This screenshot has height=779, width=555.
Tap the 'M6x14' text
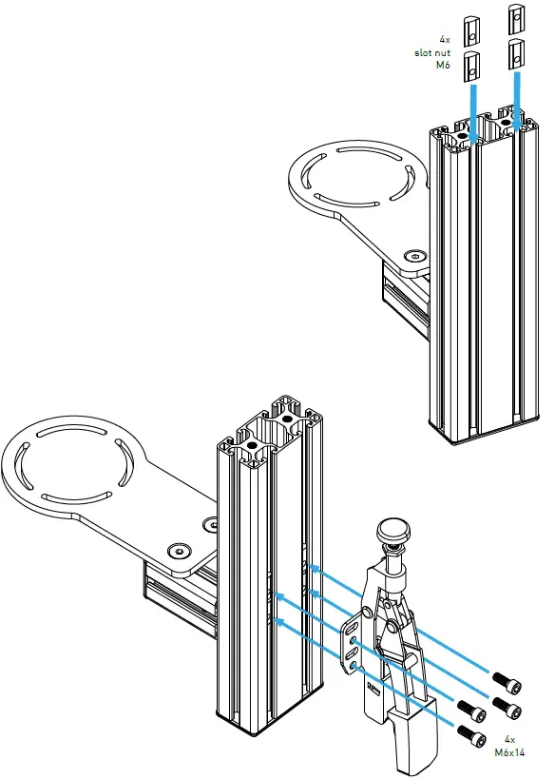[509, 750]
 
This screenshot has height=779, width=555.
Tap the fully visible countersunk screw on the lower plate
[179, 552]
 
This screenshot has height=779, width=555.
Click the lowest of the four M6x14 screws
[466, 733]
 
